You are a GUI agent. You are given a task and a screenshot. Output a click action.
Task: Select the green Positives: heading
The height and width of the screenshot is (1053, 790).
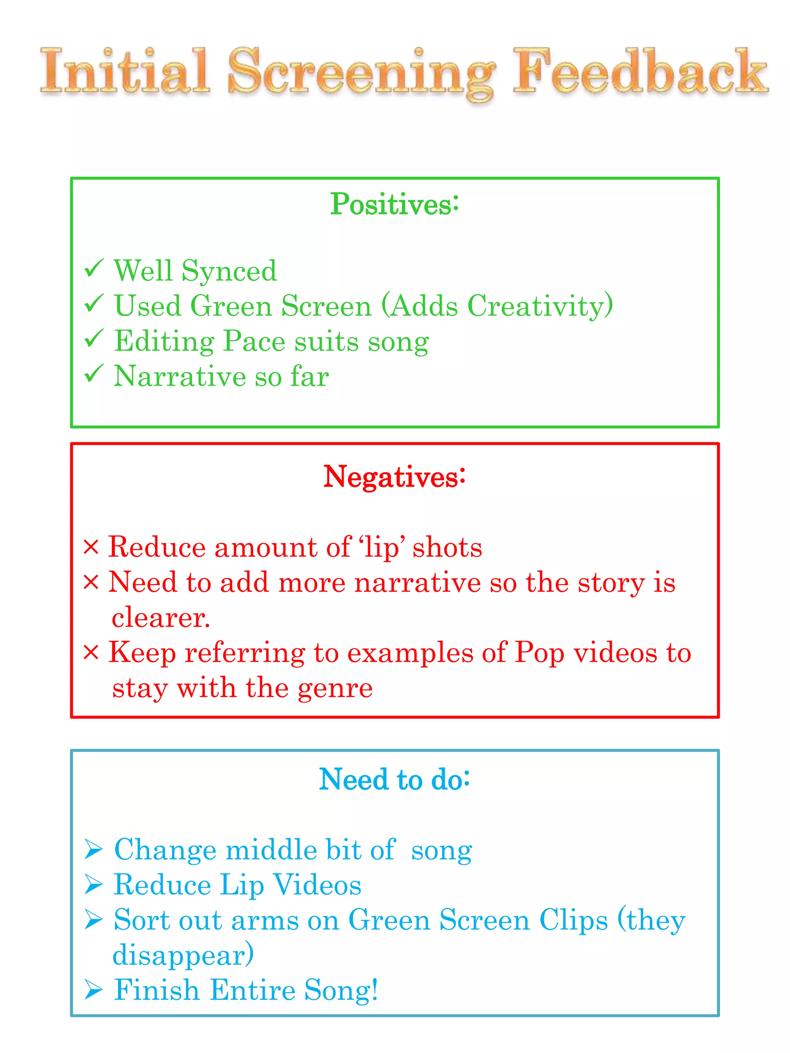tap(395, 204)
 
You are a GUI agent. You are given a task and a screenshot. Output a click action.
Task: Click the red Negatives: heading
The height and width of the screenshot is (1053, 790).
tap(394, 477)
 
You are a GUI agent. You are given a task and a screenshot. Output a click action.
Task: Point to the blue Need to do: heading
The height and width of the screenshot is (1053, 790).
tap(394, 779)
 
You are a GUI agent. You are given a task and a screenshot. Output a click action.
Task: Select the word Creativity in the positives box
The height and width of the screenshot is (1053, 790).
tap(535, 306)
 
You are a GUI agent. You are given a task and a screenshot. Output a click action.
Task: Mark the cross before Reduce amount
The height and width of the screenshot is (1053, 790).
tap(91, 547)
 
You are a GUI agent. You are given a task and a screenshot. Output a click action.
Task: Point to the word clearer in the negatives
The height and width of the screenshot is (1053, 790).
tap(160, 618)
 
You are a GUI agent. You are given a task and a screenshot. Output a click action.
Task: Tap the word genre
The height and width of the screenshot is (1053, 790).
tap(335, 688)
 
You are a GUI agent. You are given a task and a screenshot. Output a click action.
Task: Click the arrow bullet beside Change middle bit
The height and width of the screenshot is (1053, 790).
tap(93, 850)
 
